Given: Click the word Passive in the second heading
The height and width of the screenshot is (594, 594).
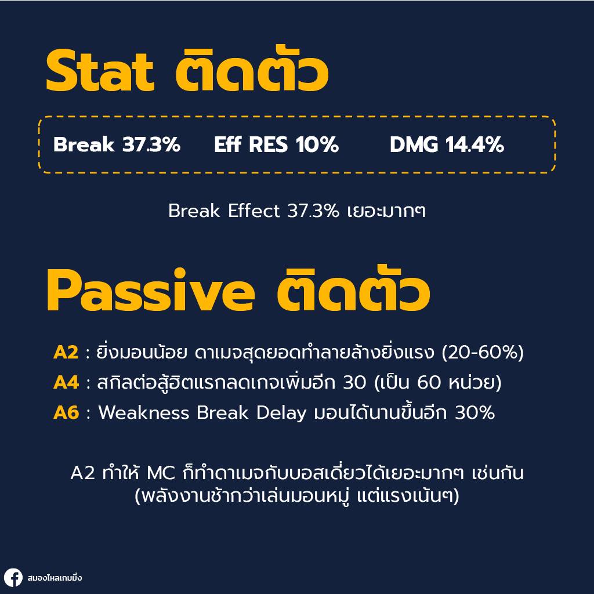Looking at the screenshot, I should (x=150, y=291).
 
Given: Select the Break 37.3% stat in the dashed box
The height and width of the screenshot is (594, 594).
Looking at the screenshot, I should (x=117, y=145).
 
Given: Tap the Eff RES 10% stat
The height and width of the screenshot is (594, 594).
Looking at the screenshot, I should (x=276, y=145).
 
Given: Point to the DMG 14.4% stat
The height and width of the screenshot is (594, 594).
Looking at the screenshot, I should (x=447, y=145).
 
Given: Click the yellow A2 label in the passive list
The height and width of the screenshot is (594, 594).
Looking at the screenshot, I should (x=66, y=353).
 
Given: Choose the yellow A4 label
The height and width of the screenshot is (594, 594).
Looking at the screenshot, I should (x=66, y=383).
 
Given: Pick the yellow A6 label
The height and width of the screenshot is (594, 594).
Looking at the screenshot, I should (x=66, y=413).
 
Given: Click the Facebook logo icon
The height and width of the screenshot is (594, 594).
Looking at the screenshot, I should (x=13, y=578).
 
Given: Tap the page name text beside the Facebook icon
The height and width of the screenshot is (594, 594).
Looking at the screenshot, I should (x=55, y=578).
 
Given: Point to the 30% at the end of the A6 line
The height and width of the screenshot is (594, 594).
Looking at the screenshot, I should (x=475, y=413).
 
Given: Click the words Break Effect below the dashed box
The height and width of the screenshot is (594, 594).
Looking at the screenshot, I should (x=224, y=211).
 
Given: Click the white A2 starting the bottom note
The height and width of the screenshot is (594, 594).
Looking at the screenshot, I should (x=82, y=473).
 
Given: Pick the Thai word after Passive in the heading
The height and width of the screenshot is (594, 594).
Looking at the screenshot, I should (x=353, y=291).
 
